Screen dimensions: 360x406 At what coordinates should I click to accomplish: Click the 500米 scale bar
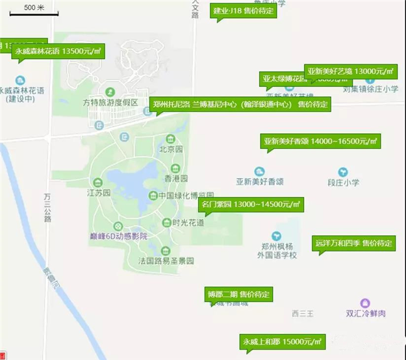pos(34,9)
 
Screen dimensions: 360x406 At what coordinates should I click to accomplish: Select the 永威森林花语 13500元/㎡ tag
pos(58,51)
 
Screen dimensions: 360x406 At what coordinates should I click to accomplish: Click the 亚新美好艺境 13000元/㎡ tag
pos(351,71)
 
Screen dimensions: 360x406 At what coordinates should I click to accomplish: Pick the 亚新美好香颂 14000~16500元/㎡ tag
pos(320,140)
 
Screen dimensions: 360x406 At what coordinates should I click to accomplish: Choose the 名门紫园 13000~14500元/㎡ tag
pos(251,204)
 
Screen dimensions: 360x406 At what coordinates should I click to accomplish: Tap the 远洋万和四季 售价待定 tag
pos(353,243)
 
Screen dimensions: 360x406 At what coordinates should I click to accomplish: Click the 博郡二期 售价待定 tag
pos(238,294)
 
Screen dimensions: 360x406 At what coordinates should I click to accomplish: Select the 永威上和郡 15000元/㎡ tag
pos(283,341)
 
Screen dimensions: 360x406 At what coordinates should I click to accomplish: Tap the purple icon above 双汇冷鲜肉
pos(365,303)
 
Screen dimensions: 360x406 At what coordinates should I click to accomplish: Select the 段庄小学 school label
pos(343,183)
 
